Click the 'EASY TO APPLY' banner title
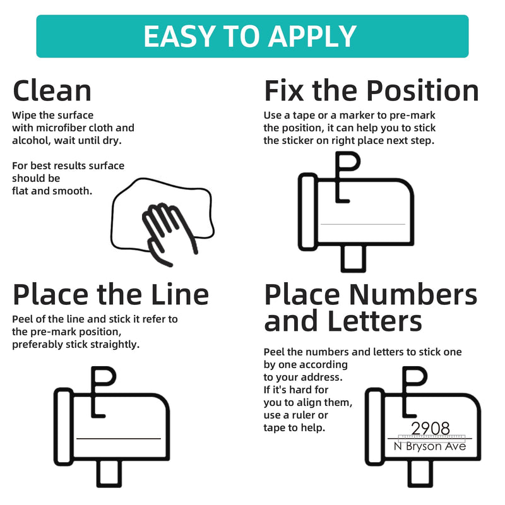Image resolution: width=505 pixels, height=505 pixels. click(250, 37)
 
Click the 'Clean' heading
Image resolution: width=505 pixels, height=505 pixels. click(52, 91)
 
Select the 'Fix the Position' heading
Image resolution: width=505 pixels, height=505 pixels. click(371, 91)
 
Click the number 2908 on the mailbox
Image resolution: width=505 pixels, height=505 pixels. click(431, 429)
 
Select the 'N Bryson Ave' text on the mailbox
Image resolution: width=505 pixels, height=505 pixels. click(430, 446)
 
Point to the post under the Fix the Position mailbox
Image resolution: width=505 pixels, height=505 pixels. click(353, 259)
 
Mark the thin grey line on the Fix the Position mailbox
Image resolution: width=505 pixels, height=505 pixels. click(363, 224)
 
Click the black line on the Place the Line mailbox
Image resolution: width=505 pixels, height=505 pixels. click(119, 438)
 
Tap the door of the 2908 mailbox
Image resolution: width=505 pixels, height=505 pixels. click(374, 427)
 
